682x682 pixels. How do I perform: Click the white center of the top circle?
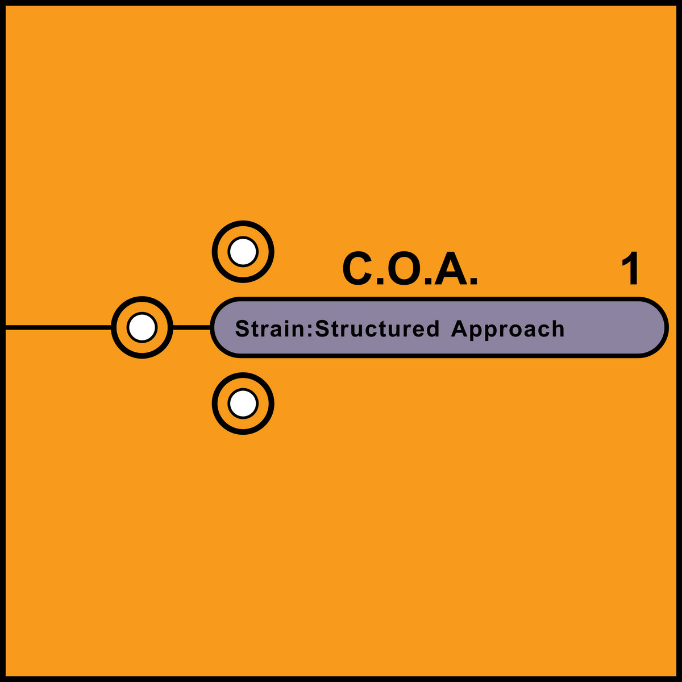pos(243,252)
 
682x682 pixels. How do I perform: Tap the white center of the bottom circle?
pos(243,404)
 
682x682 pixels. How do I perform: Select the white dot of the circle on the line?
pos(142,327)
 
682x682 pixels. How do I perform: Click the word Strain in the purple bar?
pos(270,329)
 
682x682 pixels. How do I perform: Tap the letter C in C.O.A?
pos(356,269)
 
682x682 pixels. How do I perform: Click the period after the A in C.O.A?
pos(473,281)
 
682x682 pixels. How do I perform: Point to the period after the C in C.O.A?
pos(377,281)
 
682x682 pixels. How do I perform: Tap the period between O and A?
pos(426,281)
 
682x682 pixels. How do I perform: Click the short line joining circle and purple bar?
pos(191,327)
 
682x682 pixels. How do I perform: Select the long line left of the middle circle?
pos(57,327)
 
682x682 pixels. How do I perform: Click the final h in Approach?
pos(559,329)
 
